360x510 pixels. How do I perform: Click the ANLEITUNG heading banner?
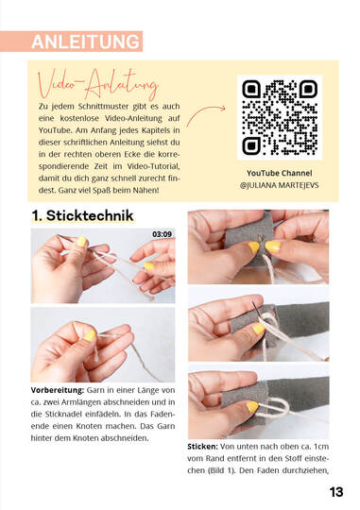[x=71, y=42]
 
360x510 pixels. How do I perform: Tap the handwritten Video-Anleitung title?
[x=98, y=84]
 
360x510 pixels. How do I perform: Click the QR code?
[x=280, y=117]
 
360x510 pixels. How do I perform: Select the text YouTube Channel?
[x=280, y=173]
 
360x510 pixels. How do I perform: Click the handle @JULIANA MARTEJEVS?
[x=280, y=185]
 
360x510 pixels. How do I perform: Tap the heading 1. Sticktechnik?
[x=82, y=215]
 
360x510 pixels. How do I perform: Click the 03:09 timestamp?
[x=162, y=234]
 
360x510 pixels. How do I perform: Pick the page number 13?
[x=336, y=492]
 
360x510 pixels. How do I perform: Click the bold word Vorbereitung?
[x=58, y=390]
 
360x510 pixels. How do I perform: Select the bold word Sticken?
[x=202, y=447]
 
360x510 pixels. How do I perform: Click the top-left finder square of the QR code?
[x=251, y=89]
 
